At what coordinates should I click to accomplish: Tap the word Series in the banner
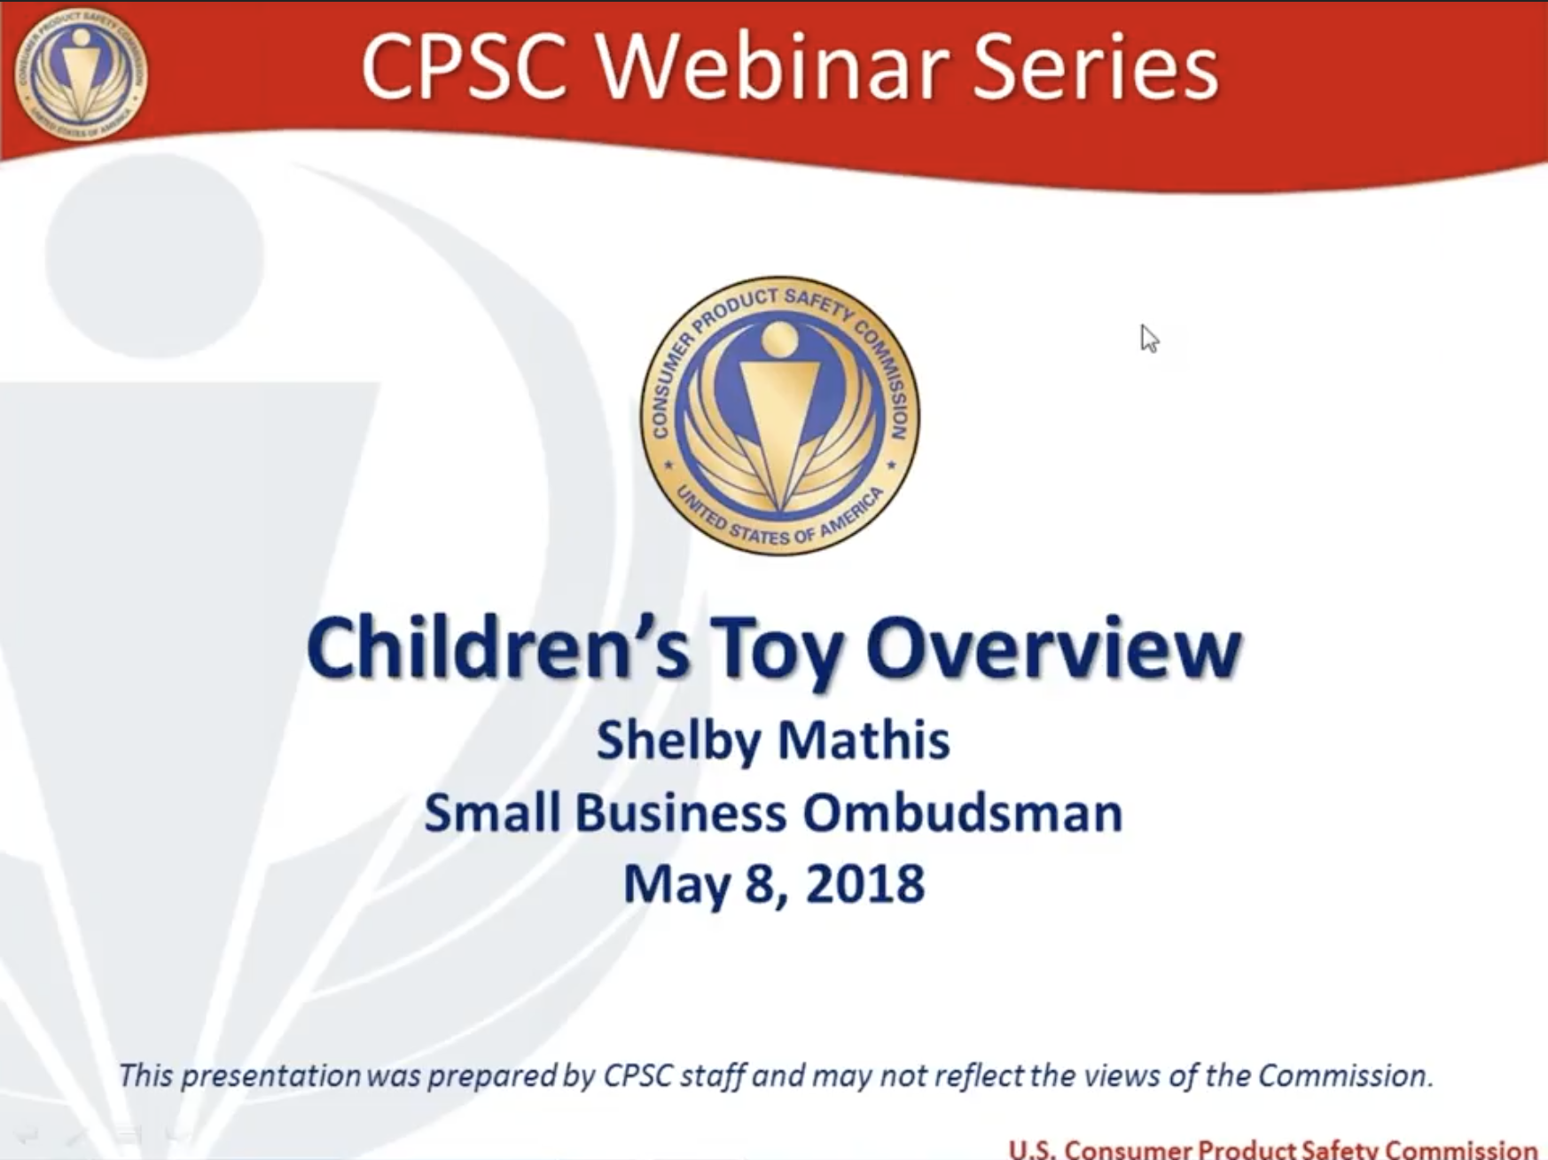tap(1097, 67)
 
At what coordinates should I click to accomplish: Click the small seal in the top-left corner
tap(81, 74)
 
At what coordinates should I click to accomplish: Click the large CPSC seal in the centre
tap(780, 415)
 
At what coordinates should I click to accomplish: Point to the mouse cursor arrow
tap(1149, 338)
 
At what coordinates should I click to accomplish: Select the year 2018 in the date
tap(865, 884)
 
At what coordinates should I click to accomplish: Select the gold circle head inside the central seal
tap(779, 340)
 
